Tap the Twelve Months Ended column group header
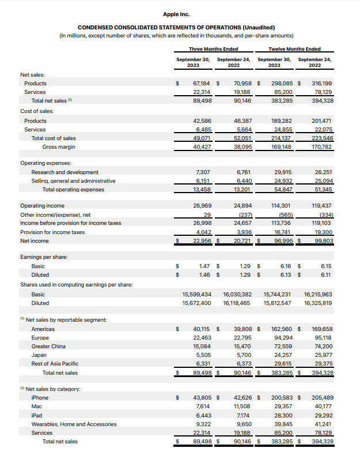294,49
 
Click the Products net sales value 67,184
200,84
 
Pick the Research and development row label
65,172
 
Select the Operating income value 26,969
200,206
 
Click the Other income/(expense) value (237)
242,214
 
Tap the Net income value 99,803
322,240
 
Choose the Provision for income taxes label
52,232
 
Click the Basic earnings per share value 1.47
203,266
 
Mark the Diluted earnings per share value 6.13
285,275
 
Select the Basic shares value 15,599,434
196,295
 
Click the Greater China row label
48,347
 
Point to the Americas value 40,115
200,329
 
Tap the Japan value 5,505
202,355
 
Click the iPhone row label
40,398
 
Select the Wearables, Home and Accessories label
74,424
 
